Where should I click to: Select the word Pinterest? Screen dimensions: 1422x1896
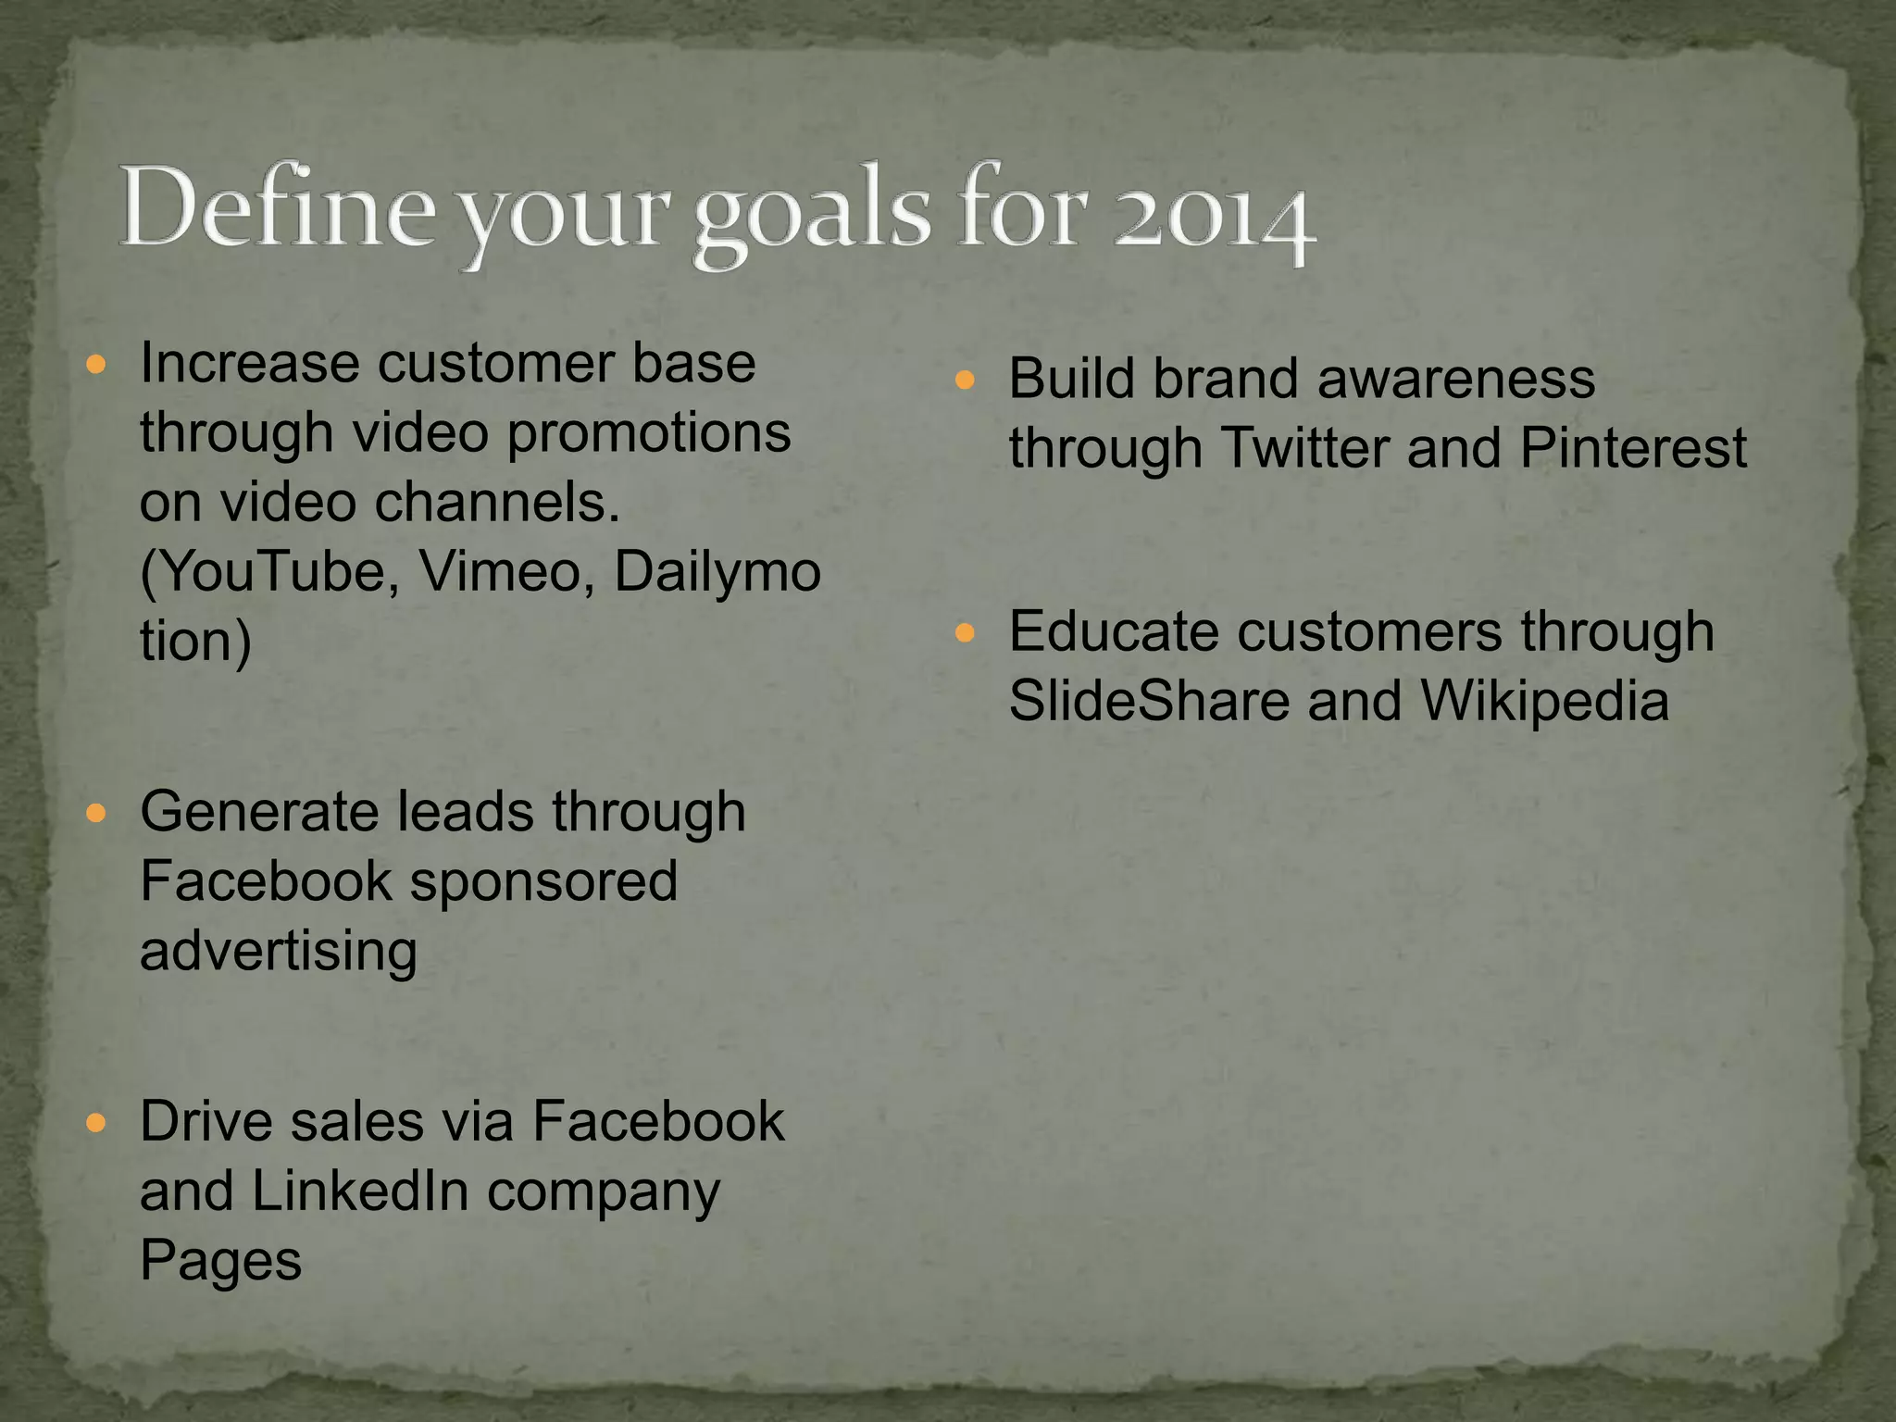(1633, 448)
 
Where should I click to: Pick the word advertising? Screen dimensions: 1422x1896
(279, 952)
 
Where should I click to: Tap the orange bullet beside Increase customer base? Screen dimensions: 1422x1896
(96, 364)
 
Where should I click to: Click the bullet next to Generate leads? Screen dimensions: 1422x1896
(96, 814)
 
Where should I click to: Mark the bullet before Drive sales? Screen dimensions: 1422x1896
(96, 1123)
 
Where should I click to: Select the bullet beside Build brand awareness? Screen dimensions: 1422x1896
(965, 380)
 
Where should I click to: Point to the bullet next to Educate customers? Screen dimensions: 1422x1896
(965, 633)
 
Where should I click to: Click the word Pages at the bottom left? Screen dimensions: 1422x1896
(220, 1260)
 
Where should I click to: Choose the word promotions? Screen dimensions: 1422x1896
(649, 432)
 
